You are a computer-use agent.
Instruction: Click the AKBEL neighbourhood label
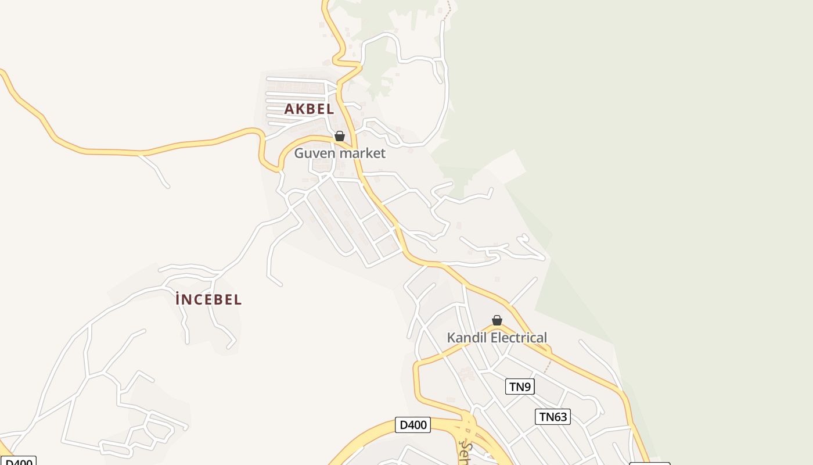(309, 109)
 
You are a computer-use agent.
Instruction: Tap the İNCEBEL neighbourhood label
(208, 300)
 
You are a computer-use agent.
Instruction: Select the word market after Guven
(362, 153)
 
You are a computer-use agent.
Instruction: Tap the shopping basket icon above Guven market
(340, 136)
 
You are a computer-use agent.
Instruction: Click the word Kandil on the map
(467, 338)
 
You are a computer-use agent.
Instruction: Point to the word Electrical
(519, 338)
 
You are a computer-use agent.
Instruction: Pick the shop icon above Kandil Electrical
(497, 320)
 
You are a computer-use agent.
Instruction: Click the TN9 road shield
(520, 387)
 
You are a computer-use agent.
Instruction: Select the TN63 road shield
(552, 417)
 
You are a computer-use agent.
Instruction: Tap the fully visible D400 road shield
(413, 425)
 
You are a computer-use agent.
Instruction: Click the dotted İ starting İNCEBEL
(178, 299)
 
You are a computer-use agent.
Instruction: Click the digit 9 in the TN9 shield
(528, 387)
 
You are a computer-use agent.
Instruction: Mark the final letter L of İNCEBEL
(238, 300)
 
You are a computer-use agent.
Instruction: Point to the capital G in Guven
(300, 153)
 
